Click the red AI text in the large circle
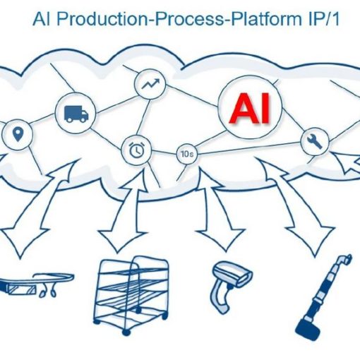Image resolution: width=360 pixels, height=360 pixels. pos(250,108)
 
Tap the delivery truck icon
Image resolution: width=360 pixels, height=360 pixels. pos(76,114)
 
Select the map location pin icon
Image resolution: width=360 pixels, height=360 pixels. pos(18,134)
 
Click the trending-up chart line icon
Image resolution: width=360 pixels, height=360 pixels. pos(150,83)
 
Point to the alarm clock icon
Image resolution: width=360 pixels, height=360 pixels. pos(137,150)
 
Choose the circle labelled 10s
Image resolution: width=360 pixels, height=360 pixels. pos(187,155)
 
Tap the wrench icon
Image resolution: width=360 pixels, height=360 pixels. pos(315,141)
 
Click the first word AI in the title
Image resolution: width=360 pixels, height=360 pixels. pos(42,18)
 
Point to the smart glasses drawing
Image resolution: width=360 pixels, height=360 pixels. pos(35,284)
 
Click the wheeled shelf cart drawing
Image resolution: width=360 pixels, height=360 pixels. pos(131,295)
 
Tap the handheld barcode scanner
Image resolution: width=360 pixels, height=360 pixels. pos(231,285)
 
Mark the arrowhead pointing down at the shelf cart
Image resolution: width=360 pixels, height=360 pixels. pos(120,241)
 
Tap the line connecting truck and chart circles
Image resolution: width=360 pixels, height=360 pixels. pos(116,104)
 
